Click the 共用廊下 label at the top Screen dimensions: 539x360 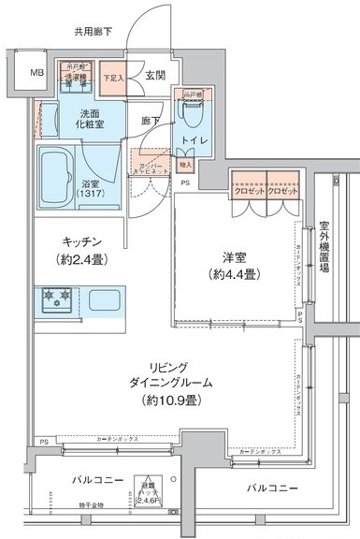coord(94,32)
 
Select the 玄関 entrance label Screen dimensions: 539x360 coord(156,77)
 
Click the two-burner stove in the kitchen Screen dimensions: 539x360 coord(53,300)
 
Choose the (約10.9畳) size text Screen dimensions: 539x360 coord(172,401)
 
